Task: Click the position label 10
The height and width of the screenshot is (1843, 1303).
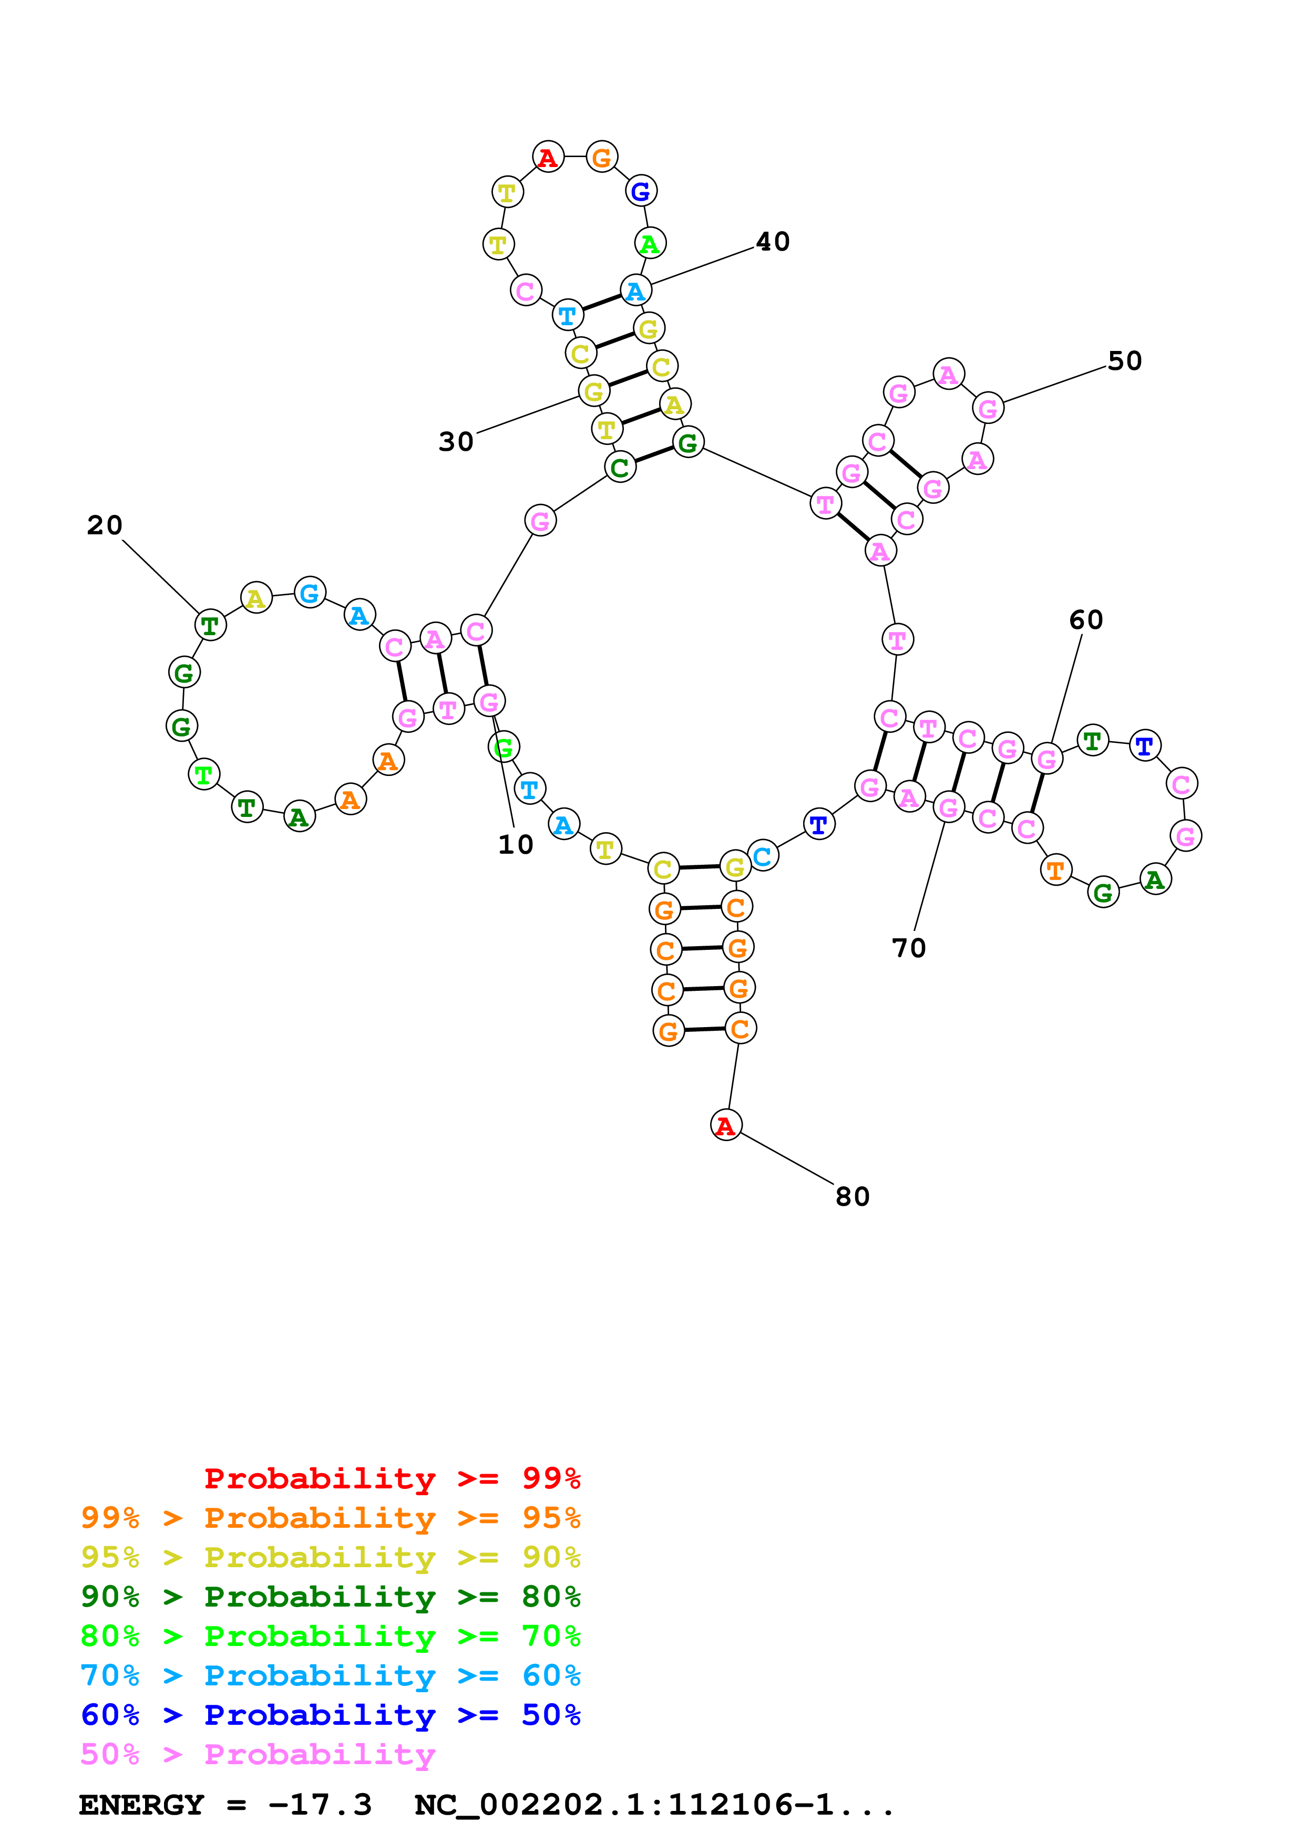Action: [x=516, y=844]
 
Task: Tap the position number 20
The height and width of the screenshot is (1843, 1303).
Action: [x=105, y=526]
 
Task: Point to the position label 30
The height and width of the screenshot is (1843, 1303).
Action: [x=456, y=441]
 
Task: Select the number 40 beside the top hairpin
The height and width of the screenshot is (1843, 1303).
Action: [x=773, y=242]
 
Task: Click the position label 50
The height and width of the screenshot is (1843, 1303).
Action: [x=1125, y=361]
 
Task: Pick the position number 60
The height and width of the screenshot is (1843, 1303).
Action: [x=1086, y=620]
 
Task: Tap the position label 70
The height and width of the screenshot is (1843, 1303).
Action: [x=909, y=948]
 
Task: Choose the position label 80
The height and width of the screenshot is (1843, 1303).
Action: [x=853, y=1197]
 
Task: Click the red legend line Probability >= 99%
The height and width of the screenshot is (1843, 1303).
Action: [x=392, y=1478]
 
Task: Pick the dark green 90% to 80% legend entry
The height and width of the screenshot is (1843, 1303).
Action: [x=330, y=1597]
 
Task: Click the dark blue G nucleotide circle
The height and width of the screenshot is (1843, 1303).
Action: [x=641, y=191]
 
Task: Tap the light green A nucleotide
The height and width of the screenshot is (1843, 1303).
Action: [x=650, y=243]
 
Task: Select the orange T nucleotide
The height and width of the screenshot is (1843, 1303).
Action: [x=1056, y=869]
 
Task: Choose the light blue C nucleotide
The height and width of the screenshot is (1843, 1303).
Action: [x=763, y=856]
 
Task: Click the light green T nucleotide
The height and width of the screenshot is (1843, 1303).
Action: [x=204, y=774]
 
